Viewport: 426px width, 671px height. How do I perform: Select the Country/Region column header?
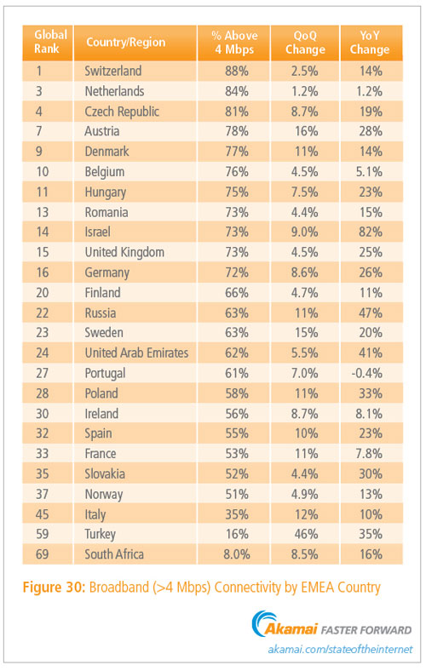coord(125,42)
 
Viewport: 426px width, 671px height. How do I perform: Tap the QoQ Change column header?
coord(305,43)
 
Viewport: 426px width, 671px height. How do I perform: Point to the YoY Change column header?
coord(370,43)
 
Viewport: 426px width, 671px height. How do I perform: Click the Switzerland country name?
coord(113,71)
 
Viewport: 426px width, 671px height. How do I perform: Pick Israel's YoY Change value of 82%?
coord(371,232)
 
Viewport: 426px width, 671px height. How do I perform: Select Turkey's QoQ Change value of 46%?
coord(306,534)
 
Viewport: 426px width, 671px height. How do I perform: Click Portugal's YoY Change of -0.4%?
coord(367,373)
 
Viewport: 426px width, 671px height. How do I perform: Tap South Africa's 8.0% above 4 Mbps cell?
coord(236,554)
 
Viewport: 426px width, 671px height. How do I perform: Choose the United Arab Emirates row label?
coord(136,353)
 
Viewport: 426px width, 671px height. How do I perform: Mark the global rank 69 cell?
coord(42,554)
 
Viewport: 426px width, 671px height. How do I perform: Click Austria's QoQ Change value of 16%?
coord(306,131)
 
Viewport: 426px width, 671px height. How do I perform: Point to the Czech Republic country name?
coord(122,112)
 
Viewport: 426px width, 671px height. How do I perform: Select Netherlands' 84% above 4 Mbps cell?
coord(237,91)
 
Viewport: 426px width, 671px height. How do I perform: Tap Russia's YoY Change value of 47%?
coord(371,313)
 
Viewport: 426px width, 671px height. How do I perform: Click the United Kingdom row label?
coord(124,253)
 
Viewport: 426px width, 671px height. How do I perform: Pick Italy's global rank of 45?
coord(42,514)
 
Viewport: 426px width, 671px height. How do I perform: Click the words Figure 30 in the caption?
coord(54,587)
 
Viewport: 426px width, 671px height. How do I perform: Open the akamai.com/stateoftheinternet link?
coord(340,650)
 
